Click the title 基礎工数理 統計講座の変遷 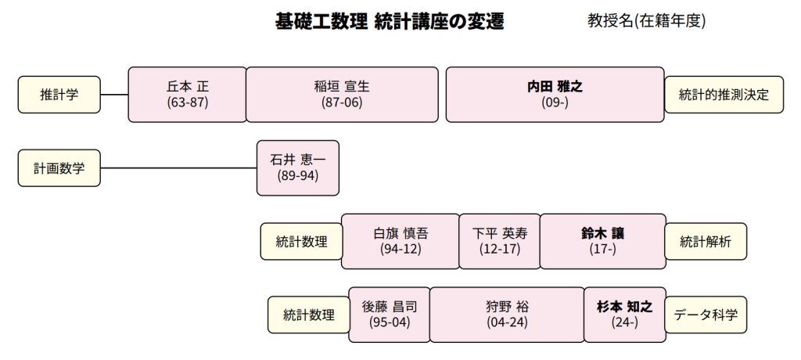pyautogui.click(x=390, y=21)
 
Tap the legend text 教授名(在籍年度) pyautogui.click(x=646, y=20)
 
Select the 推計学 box pyautogui.click(x=59, y=95)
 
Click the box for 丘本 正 pyautogui.click(x=188, y=95)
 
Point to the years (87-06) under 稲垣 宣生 pyautogui.click(x=342, y=103)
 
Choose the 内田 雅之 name pyautogui.click(x=555, y=86)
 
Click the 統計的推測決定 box pyautogui.click(x=724, y=95)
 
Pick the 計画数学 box pyautogui.click(x=59, y=167)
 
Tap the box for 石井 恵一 pyautogui.click(x=298, y=167)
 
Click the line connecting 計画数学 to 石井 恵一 pyautogui.click(x=178, y=167)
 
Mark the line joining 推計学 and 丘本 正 pyautogui.click(x=114, y=95)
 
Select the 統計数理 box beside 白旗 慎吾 pyautogui.click(x=301, y=241)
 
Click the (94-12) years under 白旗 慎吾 pyautogui.click(x=400, y=249)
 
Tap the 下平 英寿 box pyautogui.click(x=500, y=241)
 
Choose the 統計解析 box pyautogui.click(x=705, y=241)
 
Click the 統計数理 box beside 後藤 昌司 pyautogui.click(x=308, y=315)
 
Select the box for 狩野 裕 pyautogui.click(x=507, y=315)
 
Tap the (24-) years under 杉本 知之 pyautogui.click(x=625, y=322)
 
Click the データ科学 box pyautogui.click(x=705, y=315)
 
